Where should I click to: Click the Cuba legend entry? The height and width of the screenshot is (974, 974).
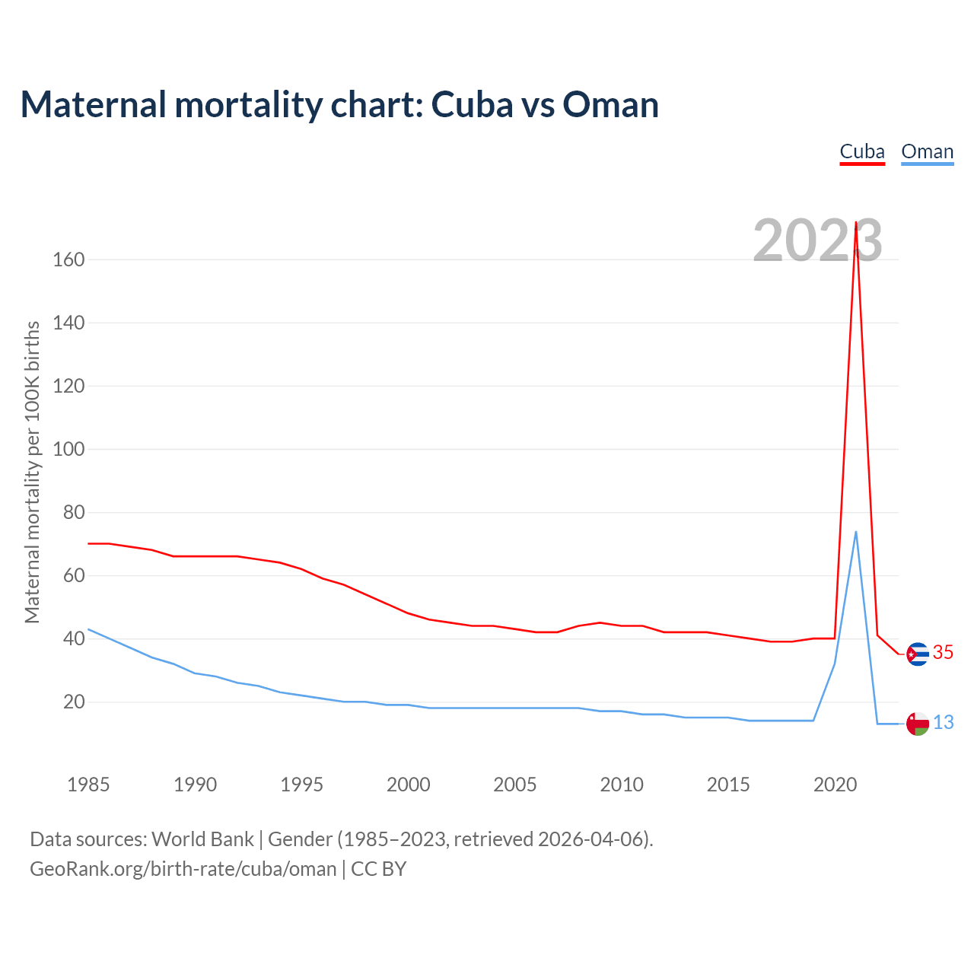[x=862, y=151]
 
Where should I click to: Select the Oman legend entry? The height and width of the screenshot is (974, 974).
[x=927, y=151]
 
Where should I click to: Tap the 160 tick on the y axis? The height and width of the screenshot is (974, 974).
[x=68, y=259]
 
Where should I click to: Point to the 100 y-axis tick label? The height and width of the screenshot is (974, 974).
[x=68, y=449]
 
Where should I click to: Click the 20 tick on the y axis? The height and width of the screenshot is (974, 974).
[x=74, y=702]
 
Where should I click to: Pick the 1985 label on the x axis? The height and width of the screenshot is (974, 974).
[x=88, y=785]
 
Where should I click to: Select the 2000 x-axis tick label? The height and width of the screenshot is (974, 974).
[x=409, y=785]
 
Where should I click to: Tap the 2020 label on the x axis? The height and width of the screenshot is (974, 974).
[x=835, y=785]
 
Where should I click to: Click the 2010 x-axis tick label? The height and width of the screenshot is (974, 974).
[x=622, y=785]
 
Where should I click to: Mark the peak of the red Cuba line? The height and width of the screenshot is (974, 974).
[x=856, y=223]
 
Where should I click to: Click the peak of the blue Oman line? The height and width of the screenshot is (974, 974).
[x=856, y=532]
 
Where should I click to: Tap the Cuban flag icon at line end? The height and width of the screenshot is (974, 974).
[x=918, y=654]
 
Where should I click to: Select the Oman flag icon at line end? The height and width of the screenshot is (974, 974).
[x=918, y=724]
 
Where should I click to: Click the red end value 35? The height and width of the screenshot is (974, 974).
[x=943, y=653]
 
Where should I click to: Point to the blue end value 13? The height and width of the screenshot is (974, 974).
[x=943, y=723]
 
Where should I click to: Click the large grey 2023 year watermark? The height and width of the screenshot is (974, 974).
[x=817, y=240]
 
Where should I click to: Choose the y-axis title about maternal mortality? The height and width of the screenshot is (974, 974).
[x=32, y=472]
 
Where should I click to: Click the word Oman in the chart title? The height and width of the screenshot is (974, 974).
[x=610, y=104]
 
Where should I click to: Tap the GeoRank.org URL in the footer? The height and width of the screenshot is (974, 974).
[x=183, y=869]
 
